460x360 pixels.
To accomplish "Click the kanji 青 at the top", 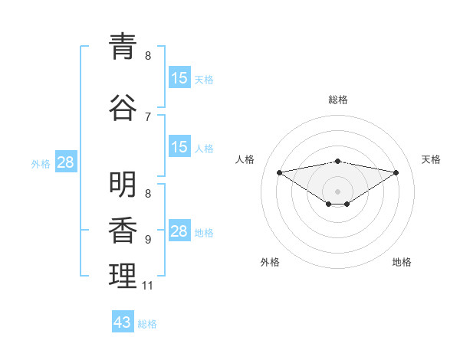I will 123,46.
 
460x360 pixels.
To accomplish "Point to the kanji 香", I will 123,230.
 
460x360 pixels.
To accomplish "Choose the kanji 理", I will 123,276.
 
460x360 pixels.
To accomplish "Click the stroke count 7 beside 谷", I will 148,116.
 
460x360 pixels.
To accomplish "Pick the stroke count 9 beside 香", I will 148,240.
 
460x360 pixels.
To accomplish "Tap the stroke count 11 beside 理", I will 147,286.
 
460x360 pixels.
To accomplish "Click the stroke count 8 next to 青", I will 148,56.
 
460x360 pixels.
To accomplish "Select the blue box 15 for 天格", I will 179,78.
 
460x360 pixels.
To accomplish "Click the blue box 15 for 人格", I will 179,147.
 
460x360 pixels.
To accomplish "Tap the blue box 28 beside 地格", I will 179,232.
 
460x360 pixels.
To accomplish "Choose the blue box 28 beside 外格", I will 65,162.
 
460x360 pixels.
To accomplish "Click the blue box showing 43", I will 123,322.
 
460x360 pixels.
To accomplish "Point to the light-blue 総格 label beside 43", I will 148,324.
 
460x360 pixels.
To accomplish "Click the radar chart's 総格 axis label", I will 337,100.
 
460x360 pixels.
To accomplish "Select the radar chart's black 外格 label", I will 270,262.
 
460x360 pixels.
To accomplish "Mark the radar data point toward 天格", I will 396,172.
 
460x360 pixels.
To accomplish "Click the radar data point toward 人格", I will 279,172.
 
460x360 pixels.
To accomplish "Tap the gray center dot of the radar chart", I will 337,191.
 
